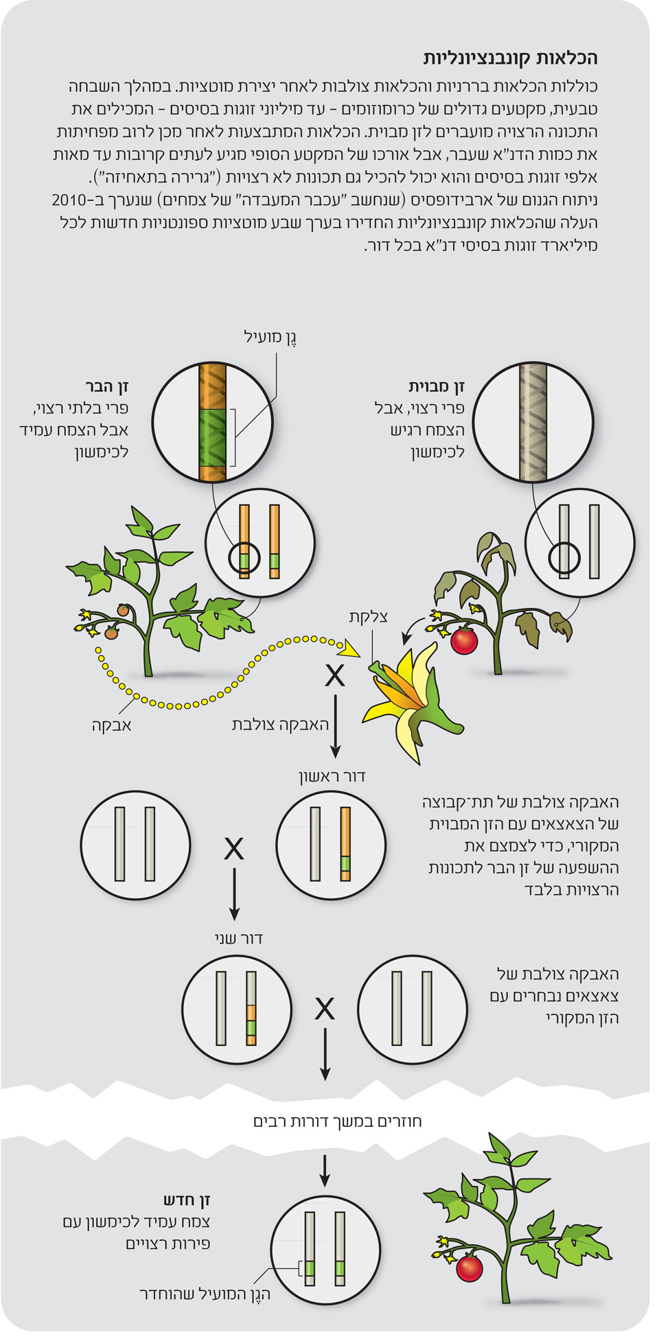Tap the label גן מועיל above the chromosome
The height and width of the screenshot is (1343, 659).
pos(270,337)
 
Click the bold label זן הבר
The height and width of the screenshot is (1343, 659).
pos(107,386)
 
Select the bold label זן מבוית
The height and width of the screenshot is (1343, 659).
pos(437,386)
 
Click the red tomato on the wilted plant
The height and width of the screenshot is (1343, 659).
pos(464,641)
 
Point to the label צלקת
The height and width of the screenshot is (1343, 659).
pos(368,616)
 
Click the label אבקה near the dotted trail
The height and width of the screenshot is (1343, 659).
pos(112,725)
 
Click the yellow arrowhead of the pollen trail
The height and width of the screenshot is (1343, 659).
pos(351,649)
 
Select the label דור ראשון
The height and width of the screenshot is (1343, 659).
pos(332,776)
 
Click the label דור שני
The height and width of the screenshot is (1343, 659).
pos(238,938)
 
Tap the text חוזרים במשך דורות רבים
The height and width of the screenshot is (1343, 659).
pos(337,1121)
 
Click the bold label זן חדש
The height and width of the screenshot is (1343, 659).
pos(187,1200)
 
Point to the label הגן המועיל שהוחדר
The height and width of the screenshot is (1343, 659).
pos(205,1294)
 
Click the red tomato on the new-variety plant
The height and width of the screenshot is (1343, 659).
pos(470,1267)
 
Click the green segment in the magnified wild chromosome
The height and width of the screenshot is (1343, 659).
pos(212,437)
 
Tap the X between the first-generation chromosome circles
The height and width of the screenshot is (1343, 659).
pos(234,850)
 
